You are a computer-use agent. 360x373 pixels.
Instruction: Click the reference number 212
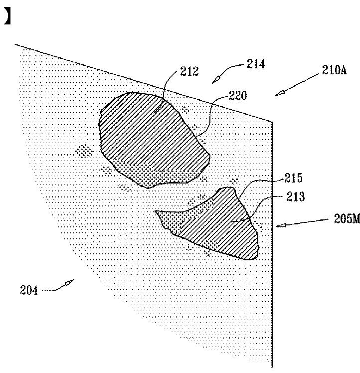point(189,72)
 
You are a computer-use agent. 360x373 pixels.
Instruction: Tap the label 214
point(256,64)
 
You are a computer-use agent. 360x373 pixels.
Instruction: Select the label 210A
point(334,70)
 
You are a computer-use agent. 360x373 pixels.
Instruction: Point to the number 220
point(237,96)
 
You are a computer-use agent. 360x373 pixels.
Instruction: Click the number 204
point(29,289)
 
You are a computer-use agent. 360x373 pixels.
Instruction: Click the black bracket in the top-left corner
point(6,17)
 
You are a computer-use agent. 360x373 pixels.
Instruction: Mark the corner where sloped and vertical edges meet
point(272,121)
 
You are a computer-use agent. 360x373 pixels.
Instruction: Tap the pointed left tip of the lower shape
point(157,212)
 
